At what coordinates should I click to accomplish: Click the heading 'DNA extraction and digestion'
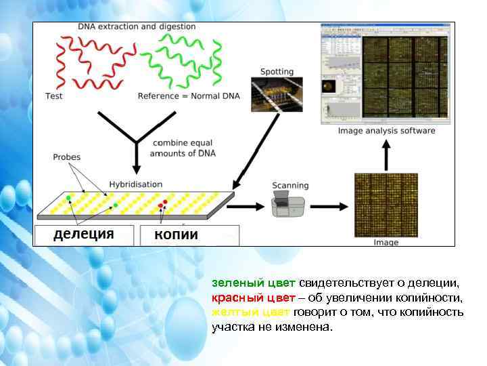click(x=137, y=27)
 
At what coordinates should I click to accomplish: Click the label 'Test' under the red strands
click(x=54, y=96)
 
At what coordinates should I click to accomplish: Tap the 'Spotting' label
click(x=277, y=71)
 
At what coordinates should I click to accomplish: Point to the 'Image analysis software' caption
click(x=386, y=131)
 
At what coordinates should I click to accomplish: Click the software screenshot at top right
click(x=388, y=73)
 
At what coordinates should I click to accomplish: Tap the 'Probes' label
click(x=66, y=157)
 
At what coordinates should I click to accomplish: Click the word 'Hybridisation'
click(x=136, y=184)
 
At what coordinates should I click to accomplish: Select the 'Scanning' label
click(x=290, y=185)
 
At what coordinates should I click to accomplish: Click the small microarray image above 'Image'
click(x=386, y=205)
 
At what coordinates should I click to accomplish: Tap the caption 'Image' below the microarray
click(x=386, y=242)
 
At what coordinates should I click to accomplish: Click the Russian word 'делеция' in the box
click(x=83, y=235)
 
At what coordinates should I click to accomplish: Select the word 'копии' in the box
click(x=177, y=235)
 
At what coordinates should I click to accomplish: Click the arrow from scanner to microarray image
click(x=329, y=205)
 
